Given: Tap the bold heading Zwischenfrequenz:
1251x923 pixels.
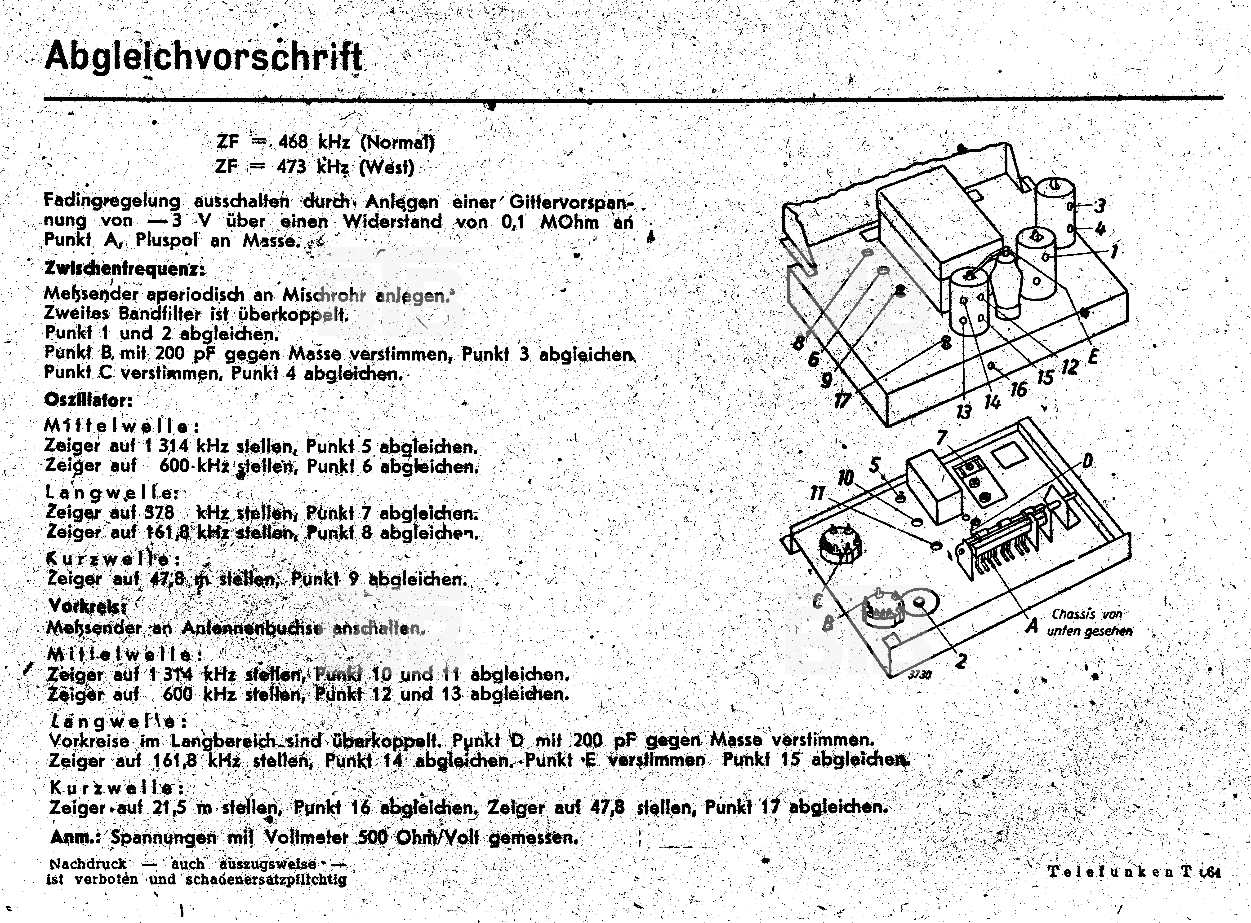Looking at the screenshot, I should point(124,269).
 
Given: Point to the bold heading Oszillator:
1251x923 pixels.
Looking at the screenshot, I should point(88,400).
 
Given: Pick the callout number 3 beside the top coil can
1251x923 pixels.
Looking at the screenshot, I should point(1099,206).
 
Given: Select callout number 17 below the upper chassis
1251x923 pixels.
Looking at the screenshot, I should point(842,400).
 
